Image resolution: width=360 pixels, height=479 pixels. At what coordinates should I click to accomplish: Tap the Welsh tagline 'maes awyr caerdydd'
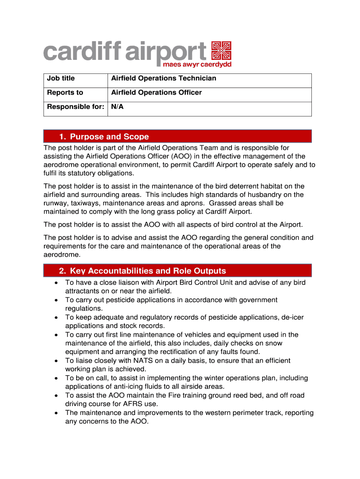tap(197, 64)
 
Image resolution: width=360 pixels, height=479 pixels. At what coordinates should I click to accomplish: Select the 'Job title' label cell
tap(61, 79)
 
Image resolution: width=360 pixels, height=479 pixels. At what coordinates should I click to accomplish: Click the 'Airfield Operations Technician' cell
tap(164, 79)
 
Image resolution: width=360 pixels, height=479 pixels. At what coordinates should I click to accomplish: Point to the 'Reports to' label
tap(65, 93)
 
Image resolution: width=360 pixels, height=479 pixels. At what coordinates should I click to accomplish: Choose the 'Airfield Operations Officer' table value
tap(157, 93)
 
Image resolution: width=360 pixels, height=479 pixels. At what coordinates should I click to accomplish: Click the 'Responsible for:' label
tap(75, 107)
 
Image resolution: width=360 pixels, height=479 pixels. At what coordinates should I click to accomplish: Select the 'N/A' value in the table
tap(117, 107)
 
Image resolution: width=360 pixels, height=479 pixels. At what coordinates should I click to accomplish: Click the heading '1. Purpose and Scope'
tap(104, 137)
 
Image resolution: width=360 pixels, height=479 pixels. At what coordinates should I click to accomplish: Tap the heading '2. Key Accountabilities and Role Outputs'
tap(142, 271)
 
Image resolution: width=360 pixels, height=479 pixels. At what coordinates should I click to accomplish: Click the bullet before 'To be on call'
tap(56, 378)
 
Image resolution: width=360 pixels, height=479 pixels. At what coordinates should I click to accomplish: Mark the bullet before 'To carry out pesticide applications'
tap(56, 300)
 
